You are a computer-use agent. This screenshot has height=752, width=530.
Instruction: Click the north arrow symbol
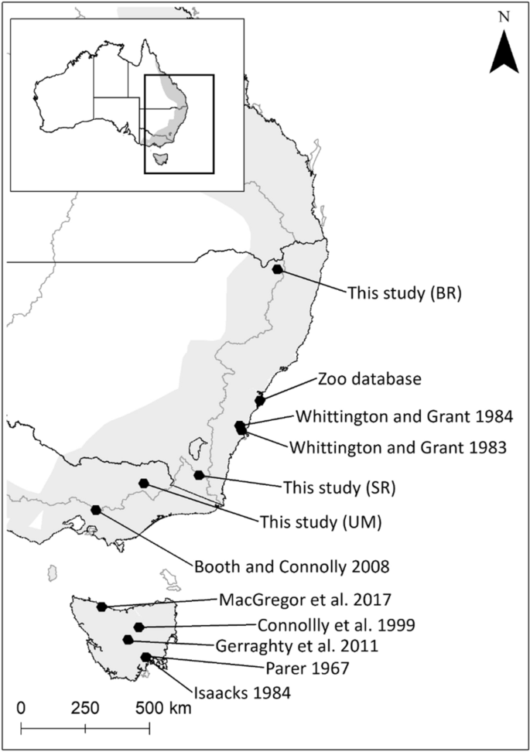point(506,55)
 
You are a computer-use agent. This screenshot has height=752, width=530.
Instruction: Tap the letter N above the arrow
point(505,16)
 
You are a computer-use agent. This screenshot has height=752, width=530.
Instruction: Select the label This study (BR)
point(399,293)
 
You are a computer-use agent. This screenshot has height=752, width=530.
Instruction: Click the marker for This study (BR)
point(278,268)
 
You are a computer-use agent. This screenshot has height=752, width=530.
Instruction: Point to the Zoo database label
point(369,380)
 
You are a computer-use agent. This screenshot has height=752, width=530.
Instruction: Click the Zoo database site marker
point(260,400)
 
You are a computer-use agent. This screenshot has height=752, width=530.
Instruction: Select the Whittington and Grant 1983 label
point(398,446)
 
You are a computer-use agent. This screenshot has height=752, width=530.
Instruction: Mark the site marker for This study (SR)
point(199,475)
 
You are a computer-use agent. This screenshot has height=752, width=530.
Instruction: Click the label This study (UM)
point(312,521)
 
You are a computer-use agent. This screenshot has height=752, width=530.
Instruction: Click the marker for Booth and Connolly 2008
point(96,510)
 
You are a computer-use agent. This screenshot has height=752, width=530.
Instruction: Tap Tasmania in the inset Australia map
point(161,160)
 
